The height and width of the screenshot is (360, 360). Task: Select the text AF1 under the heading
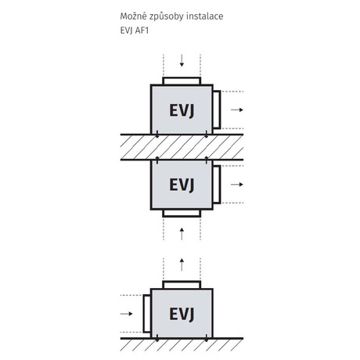(142, 31)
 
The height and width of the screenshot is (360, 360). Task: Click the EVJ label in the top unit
(182, 110)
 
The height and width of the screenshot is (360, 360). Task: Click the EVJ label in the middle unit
(182, 185)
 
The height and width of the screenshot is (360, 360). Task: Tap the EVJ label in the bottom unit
(182, 314)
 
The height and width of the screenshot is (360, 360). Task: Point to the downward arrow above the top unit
(182, 60)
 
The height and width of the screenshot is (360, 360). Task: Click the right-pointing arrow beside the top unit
(237, 110)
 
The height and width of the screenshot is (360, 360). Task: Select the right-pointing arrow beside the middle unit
(237, 185)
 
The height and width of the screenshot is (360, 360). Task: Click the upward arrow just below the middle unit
(182, 234)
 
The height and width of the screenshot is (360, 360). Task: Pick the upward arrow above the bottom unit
(182, 265)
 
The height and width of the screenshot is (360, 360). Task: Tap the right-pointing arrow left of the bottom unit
(127, 313)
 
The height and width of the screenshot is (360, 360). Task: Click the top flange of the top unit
(182, 81)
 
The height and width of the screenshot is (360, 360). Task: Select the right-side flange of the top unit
(217, 110)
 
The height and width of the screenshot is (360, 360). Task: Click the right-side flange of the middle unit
(217, 185)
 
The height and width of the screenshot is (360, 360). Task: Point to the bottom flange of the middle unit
(182, 213)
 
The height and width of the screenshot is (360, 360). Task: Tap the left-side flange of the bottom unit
(147, 314)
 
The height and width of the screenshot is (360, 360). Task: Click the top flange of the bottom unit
(182, 285)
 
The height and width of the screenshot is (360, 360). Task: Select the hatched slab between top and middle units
(182, 147)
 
